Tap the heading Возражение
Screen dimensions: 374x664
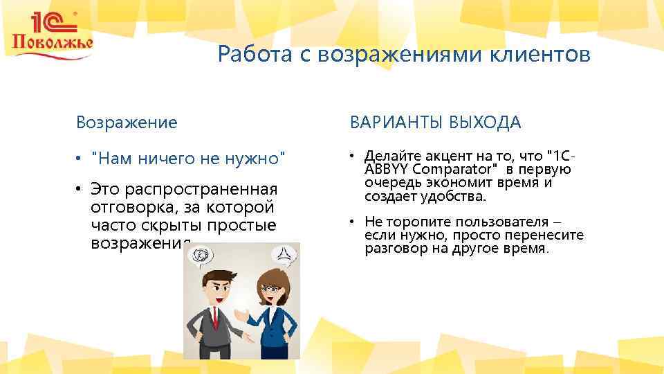[127, 123]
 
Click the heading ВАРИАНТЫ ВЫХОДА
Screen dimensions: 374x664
[436, 123]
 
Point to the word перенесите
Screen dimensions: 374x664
[544, 235]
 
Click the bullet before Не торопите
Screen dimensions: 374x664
[353, 222]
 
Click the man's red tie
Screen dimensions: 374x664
[216, 319]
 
